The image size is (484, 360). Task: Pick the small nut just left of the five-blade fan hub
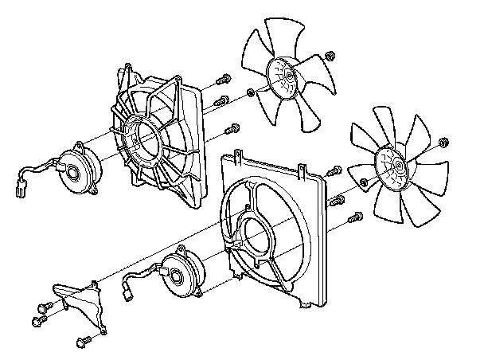coord(252,92)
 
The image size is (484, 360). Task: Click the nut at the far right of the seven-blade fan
coord(444,143)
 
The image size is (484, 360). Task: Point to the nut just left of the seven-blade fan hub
coord(363,183)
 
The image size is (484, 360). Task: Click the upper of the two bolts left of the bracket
coord(43,307)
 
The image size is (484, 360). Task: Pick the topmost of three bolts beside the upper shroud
coord(224,79)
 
